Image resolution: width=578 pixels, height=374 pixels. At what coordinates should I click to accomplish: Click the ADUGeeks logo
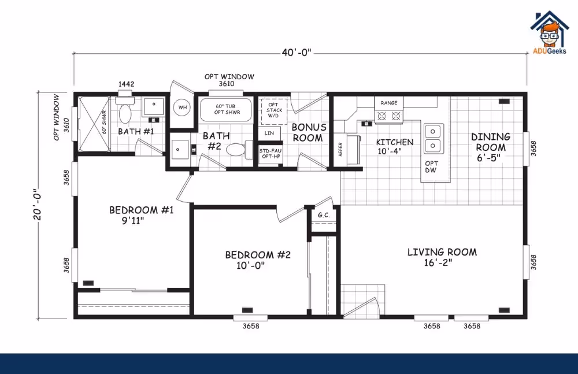pos(549,33)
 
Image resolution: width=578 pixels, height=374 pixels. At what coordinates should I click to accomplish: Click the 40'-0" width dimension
pos(297,53)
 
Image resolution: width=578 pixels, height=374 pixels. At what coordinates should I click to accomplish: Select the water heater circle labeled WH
pos(183,108)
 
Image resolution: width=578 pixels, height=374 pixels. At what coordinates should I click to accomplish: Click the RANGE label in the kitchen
pos(389,103)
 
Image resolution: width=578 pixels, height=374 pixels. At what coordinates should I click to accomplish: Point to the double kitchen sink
pos(433,138)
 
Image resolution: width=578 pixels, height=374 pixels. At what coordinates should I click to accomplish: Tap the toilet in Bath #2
pos(239,149)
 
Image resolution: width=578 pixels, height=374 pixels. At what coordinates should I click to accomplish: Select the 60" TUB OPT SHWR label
pos(227,109)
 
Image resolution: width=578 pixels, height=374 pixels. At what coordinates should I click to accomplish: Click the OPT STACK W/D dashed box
pos(274,111)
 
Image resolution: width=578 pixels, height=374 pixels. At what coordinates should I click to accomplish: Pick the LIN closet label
pos(269,133)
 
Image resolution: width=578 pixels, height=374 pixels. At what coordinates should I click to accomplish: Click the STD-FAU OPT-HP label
pos(270,153)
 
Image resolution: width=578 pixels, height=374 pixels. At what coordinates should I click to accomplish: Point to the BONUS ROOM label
pos(309,132)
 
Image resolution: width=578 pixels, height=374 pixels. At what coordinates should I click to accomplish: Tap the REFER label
pos(340,149)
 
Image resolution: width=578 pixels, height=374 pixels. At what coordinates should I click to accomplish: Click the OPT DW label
pos(431,166)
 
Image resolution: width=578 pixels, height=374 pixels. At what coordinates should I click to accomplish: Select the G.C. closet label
pos(324,215)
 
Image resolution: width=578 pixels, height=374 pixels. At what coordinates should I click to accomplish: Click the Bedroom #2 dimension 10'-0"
pos(251,265)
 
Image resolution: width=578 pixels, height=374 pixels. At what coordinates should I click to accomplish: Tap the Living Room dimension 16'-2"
pos(438,262)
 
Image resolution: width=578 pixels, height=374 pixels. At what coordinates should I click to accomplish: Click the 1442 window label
pos(126,84)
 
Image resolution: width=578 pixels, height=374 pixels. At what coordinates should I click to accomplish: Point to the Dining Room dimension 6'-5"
pos(489,158)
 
